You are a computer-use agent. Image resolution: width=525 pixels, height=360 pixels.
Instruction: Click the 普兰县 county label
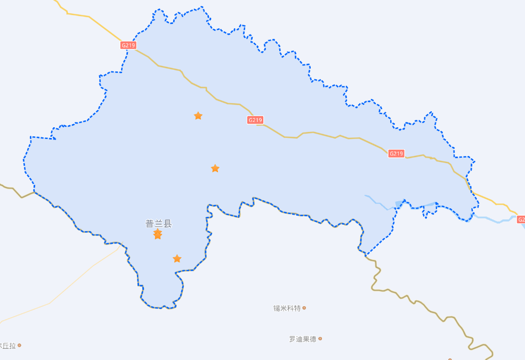tap(159, 224)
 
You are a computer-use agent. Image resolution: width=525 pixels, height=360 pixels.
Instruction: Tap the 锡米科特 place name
tap(287, 308)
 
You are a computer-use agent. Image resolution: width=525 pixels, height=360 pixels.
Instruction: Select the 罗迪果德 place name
tap(303, 339)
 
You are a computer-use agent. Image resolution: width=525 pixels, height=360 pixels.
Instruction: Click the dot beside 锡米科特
tap(304, 308)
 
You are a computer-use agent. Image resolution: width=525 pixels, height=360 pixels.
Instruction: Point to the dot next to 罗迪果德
tap(320, 339)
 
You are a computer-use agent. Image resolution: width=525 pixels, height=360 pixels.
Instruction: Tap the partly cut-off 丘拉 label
tap(8, 346)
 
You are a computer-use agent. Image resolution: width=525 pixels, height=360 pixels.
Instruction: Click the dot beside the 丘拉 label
tap(19, 345)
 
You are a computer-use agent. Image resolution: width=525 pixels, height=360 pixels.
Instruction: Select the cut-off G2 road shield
tap(521, 219)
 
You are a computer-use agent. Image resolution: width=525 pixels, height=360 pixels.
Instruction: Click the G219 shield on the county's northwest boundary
tap(128, 45)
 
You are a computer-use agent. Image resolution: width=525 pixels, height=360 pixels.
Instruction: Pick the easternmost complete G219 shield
tap(396, 153)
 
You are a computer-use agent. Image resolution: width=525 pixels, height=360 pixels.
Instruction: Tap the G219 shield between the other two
tap(255, 120)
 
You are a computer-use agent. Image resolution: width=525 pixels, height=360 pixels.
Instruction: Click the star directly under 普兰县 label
tap(158, 234)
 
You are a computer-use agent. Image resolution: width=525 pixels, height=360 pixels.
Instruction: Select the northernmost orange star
tap(198, 116)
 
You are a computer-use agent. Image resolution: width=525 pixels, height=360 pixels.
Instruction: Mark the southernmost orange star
tap(177, 259)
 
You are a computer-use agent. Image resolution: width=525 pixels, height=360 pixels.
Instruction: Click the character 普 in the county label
tap(150, 224)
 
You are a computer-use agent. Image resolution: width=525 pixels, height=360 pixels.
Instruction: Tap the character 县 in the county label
tap(168, 224)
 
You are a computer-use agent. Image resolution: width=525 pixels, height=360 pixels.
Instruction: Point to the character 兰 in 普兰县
tap(159, 224)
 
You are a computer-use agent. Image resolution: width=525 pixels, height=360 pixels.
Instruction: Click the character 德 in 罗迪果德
tap(313, 339)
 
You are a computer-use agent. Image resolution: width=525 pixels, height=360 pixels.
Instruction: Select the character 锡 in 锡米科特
tap(277, 308)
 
